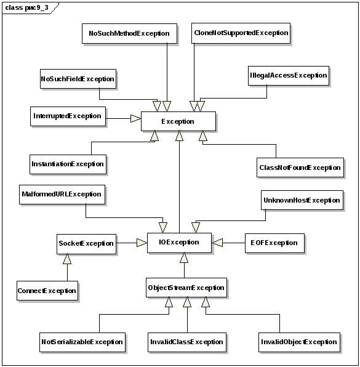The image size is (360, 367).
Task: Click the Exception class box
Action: pos(178,121)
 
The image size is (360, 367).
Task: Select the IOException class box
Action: pos(179,243)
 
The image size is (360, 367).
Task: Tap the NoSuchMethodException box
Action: pos(129,33)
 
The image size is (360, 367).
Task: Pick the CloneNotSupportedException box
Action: pos(241,33)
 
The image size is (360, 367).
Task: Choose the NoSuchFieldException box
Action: pos(78,79)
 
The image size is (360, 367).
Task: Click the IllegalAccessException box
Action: pos(289,76)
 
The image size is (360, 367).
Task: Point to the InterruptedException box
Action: pos(68,116)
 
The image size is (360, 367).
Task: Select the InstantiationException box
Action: pos(68,164)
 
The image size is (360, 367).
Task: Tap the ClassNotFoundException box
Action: pos(300,167)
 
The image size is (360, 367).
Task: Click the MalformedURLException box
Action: pos(62,195)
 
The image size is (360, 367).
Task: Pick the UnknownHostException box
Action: pos(302,200)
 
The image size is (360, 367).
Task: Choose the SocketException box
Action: pos(86,244)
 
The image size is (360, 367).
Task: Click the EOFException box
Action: pos(274,243)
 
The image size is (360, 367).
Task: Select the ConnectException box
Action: pos(47,291)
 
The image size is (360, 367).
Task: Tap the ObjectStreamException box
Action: pos(186,288)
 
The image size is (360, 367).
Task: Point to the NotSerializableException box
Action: pos(82,342)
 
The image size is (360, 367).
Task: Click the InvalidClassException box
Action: pos(187,342)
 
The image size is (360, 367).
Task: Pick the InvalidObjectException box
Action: pos(299,342)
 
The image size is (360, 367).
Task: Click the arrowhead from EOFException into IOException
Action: pos(217,243)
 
